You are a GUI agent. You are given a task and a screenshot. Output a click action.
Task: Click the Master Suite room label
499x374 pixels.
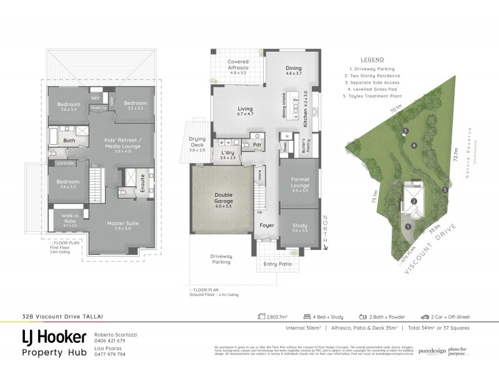122,223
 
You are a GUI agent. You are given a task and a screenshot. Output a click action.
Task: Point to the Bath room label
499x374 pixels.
69,140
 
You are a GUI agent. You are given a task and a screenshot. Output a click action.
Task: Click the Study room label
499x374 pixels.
300,227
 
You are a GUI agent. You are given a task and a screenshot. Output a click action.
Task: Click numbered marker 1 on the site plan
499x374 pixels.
407,227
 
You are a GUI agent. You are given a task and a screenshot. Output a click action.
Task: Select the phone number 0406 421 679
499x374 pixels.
110,341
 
